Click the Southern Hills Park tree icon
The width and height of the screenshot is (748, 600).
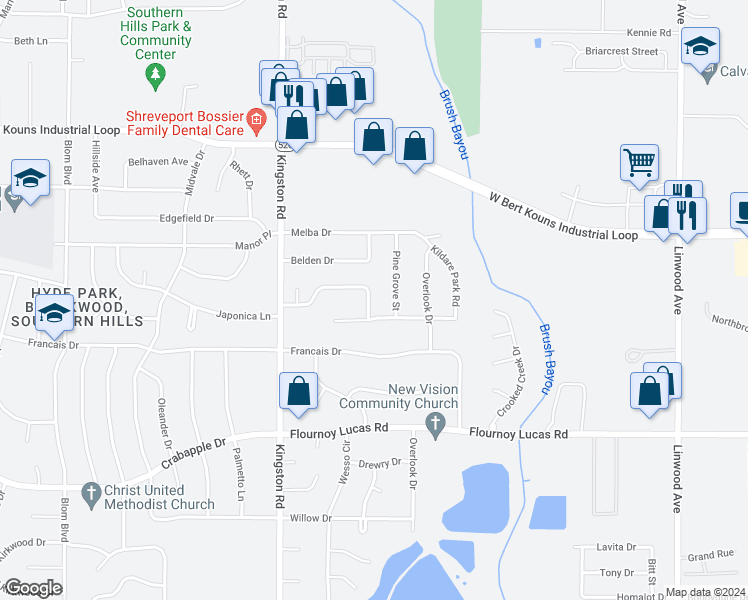[155, 74]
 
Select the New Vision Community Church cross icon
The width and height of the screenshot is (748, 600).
[434, 426]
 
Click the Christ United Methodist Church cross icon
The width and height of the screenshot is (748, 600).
[90, 493]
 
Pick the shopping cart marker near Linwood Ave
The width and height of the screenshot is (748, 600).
[639, 161]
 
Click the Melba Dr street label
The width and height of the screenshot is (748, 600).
[311, 232]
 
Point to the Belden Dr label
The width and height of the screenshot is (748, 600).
[311, 260]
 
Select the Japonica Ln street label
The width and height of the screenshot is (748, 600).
[243, 316]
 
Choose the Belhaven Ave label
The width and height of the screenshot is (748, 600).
[158, 161]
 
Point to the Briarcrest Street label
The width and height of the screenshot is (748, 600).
[624, 51]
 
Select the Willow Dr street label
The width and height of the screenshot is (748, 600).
[310, 518]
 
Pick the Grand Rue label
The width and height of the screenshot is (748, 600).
[711, 554]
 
